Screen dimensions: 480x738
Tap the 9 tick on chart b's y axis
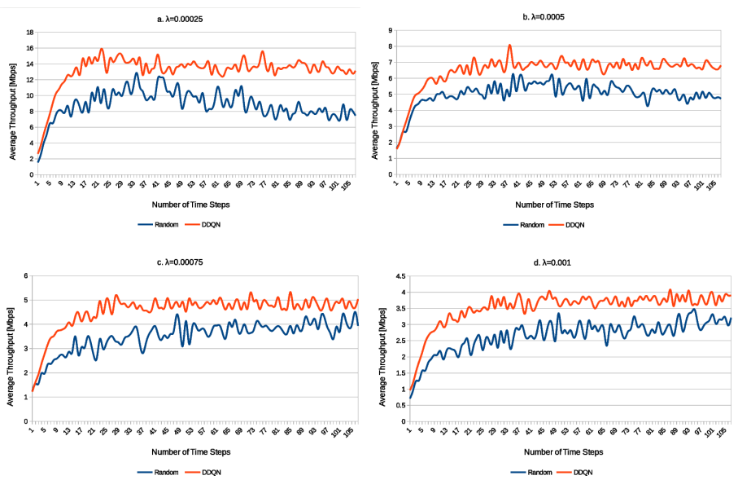(390, 30)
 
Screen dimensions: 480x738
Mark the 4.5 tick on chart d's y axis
(399, 276)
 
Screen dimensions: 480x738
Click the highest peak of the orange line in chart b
(509, 46)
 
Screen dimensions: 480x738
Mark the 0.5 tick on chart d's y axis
(399, 406)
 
